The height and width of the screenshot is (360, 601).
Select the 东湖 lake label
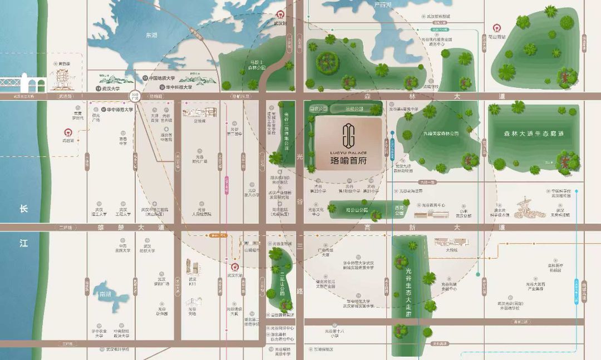151,35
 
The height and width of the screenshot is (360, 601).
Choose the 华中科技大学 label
177,87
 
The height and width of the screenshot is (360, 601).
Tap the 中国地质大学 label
161,78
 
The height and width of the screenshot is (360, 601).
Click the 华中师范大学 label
117,110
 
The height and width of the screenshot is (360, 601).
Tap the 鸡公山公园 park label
357,210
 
